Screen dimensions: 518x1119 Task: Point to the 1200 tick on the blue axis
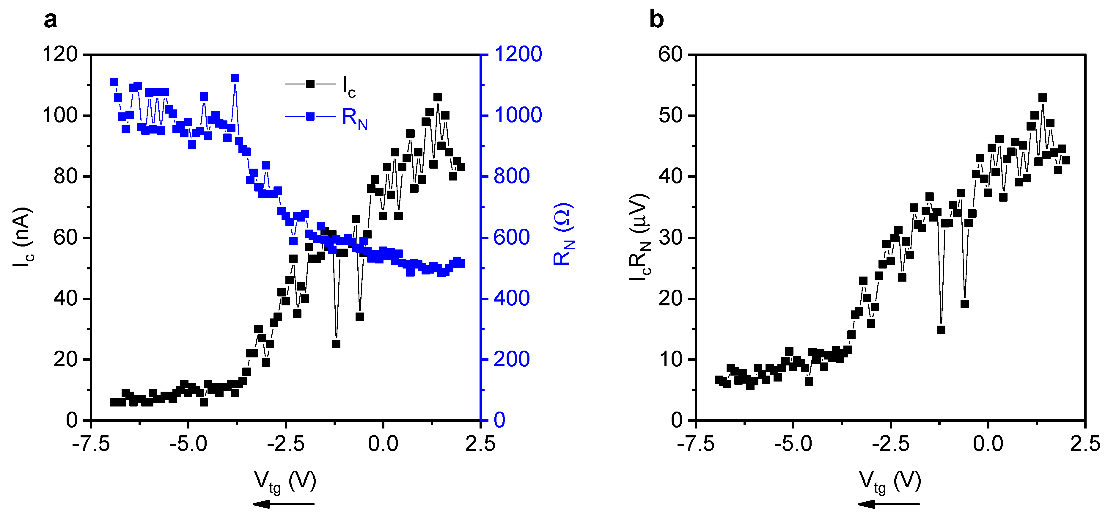518,54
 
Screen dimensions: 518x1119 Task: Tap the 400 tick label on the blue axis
512,299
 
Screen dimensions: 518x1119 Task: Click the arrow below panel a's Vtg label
283,504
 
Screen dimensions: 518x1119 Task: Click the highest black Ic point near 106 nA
437,97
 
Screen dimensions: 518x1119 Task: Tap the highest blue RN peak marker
235,78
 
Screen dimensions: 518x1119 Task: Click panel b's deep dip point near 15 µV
941,330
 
